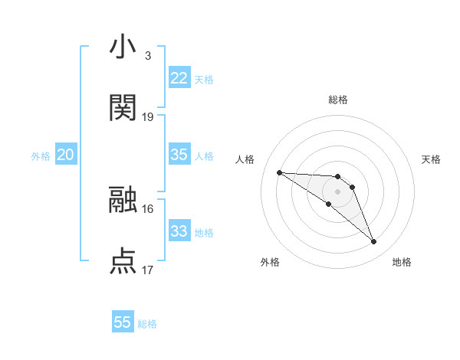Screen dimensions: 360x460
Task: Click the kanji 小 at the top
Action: [123, 47]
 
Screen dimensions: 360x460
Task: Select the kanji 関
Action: [123, 108]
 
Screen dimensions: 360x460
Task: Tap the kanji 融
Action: [123, 199]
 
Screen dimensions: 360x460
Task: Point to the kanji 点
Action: [123, 260]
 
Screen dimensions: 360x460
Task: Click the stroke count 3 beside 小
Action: [147, 56]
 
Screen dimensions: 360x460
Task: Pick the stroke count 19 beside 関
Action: [148, 117]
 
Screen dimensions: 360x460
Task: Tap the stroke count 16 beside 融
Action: [148, 208]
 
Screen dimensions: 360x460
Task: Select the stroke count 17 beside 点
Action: [148, 270]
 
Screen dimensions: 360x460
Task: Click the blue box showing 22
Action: [179, 78]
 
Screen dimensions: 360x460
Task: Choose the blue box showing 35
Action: [179, 155]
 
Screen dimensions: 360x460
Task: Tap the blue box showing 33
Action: [179, 231]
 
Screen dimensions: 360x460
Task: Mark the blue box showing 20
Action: [65, 155]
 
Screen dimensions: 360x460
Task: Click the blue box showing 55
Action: [123, 322]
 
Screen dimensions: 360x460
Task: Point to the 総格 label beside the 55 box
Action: [147, 324]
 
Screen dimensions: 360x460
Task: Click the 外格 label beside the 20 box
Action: [41, 156]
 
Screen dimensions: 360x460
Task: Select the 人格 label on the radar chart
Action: [245, 159]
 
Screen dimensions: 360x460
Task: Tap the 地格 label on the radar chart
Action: [402, 262]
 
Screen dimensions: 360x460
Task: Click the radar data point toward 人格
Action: [279, 172]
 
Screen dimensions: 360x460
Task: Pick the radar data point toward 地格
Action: [374, 242]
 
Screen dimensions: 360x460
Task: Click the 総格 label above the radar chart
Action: [337, 100]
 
